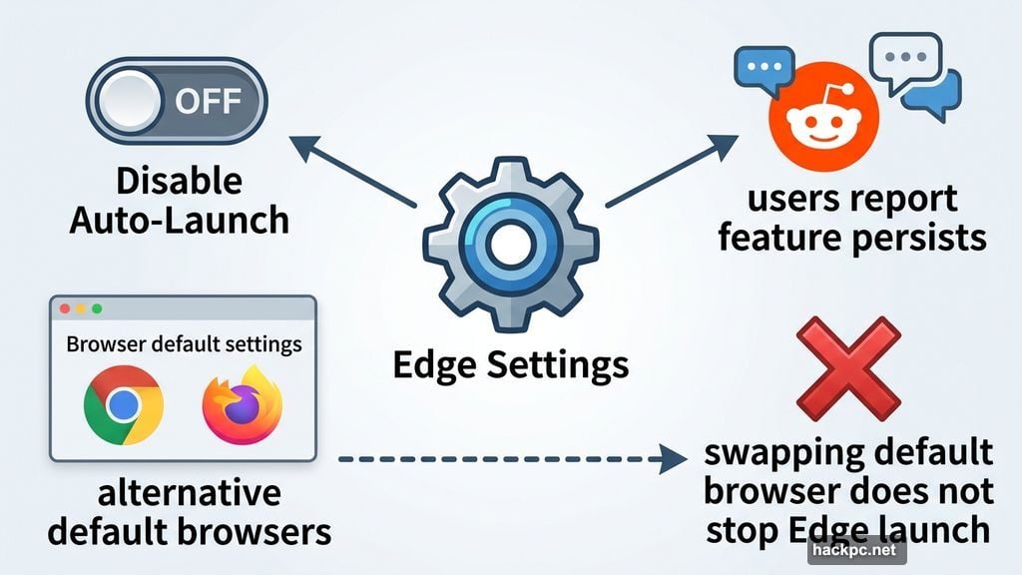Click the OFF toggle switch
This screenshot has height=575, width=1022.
(178, 103)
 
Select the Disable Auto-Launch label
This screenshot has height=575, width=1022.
(179, 200)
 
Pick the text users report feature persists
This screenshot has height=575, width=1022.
(851, 218)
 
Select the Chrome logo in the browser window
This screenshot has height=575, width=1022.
(124, 405)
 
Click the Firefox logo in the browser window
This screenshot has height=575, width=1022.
(241, 405)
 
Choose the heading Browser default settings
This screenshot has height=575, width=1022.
(183, 345)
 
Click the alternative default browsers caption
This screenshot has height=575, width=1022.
(189, 512)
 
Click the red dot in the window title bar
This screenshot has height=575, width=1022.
(65, 310)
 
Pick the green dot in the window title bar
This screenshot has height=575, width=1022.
(97, 310)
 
